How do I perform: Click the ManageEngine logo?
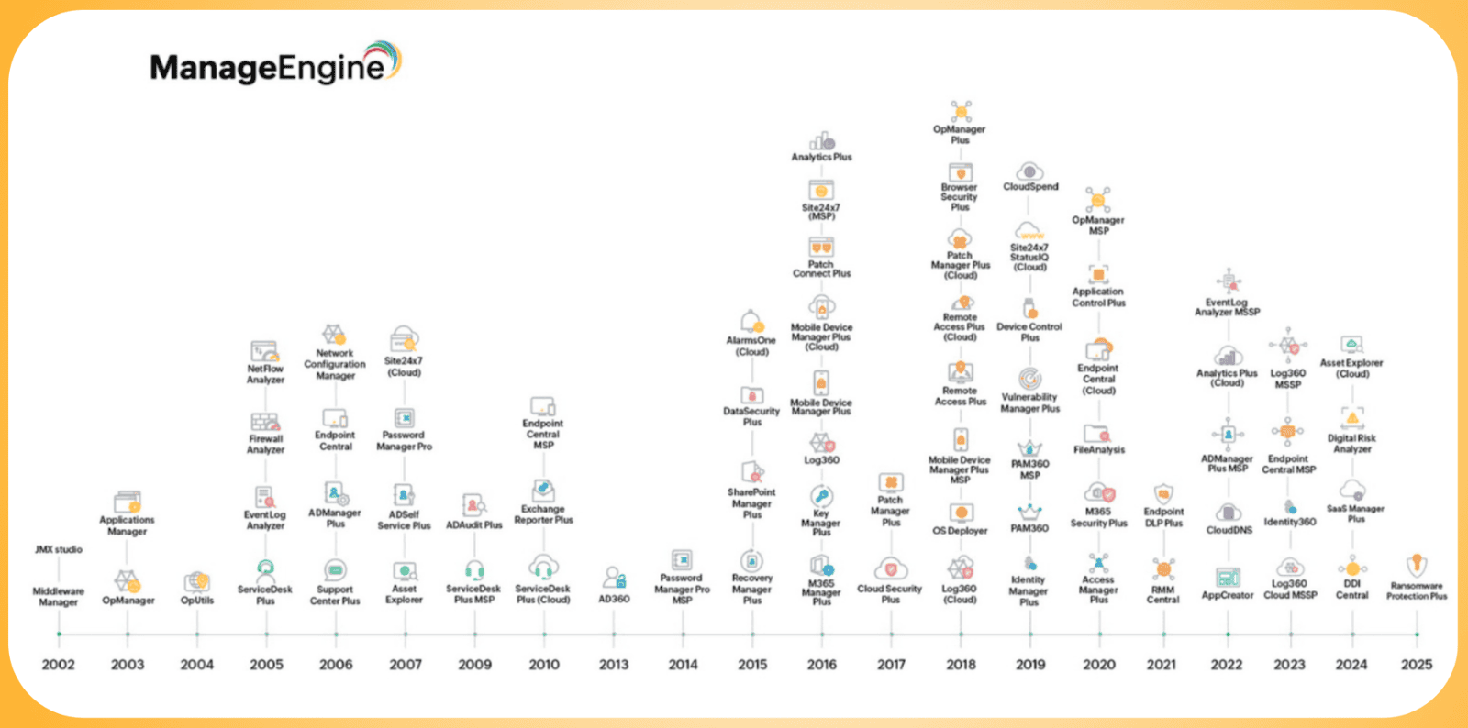(x=275, y=64)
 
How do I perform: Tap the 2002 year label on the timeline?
(x=58, y=664)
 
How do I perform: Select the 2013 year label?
(x=614, y=664)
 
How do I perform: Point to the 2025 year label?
(x=1416, y=664)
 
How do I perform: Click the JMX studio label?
(x=59, y=549)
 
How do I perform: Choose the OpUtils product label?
(x=196, y=601)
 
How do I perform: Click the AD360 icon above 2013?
(x=614, y=578)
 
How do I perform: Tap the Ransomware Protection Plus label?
(x=1416, y=591)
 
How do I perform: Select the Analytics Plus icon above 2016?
(x=821, y=140)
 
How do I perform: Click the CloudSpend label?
(x=1030, y=187)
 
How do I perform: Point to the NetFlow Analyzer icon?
(x=265, y=351)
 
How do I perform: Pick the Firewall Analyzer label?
(x=265, y=445)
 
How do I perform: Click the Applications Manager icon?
(x=128, y=502)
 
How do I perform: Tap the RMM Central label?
(x=1162, y=595)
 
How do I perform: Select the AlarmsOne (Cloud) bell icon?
(x=751, y=321)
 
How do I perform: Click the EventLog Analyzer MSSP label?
(x=1227, y=307)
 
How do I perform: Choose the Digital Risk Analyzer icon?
(x=1351, y=418)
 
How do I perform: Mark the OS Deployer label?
(x=960, y=531)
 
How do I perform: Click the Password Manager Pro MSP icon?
(x=682, y=559)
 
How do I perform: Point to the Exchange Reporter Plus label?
(x=543, y=514)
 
